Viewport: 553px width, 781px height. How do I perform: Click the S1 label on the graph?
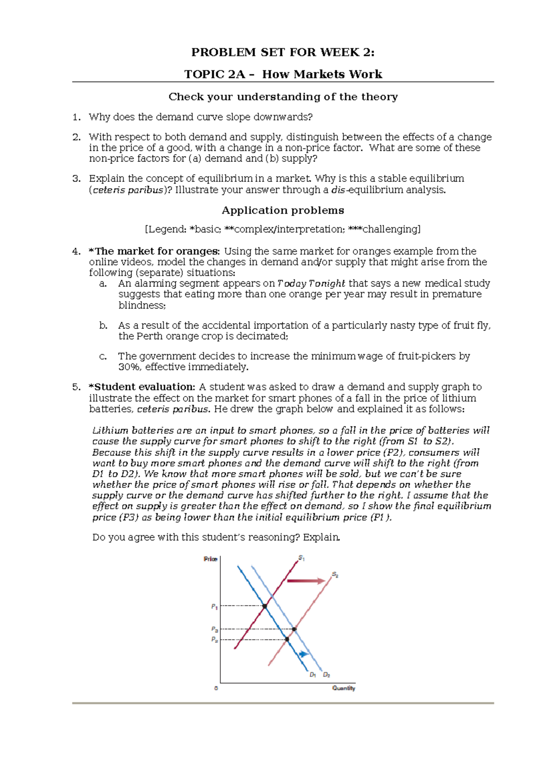pos(301,558)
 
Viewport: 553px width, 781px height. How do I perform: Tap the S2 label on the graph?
pos(335,575)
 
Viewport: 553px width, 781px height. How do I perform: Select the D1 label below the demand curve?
pos(312,675)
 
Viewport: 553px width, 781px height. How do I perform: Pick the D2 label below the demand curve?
pos(326,675)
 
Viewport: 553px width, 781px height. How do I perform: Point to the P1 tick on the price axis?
pos(214,606)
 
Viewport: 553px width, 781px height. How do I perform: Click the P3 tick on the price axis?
pos(214,629)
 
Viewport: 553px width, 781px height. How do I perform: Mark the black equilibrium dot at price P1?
pos(265,606)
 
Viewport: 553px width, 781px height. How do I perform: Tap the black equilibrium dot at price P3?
pos(294,629)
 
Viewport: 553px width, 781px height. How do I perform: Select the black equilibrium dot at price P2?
pos(287,639)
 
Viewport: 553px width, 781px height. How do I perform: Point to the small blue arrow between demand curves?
pos(303,654)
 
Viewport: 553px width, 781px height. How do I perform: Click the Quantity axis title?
pos(344,688)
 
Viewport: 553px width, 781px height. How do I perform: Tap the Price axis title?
pos(210,559)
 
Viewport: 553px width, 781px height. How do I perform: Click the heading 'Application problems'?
pos(283,210)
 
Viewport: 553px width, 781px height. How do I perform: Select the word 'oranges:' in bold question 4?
pos(199,251)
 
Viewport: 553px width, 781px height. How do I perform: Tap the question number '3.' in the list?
pos(76,179)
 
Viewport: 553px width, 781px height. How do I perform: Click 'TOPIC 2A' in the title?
pos(214,74)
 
